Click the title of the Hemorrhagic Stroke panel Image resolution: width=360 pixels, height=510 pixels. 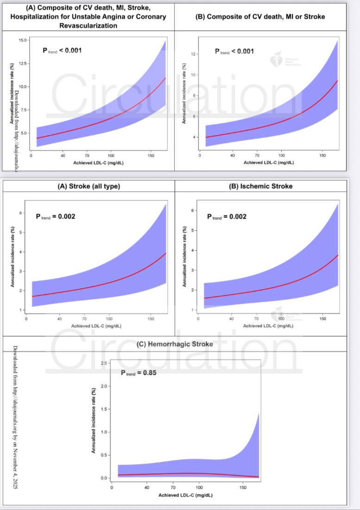tap(175, 344)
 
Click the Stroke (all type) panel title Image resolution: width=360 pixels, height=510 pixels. tap(88, 186)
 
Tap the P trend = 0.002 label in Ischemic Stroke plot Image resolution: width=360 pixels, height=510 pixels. tap(227, 216)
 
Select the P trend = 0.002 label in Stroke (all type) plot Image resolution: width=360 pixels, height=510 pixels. tap(55, 216)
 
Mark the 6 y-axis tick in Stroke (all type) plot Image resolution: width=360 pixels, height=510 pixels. tap(20, 213)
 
